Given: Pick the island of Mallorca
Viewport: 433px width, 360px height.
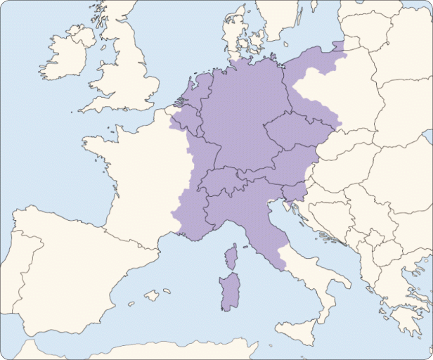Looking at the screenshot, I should (151, 296).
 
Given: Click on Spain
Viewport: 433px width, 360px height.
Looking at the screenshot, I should (70, 274).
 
